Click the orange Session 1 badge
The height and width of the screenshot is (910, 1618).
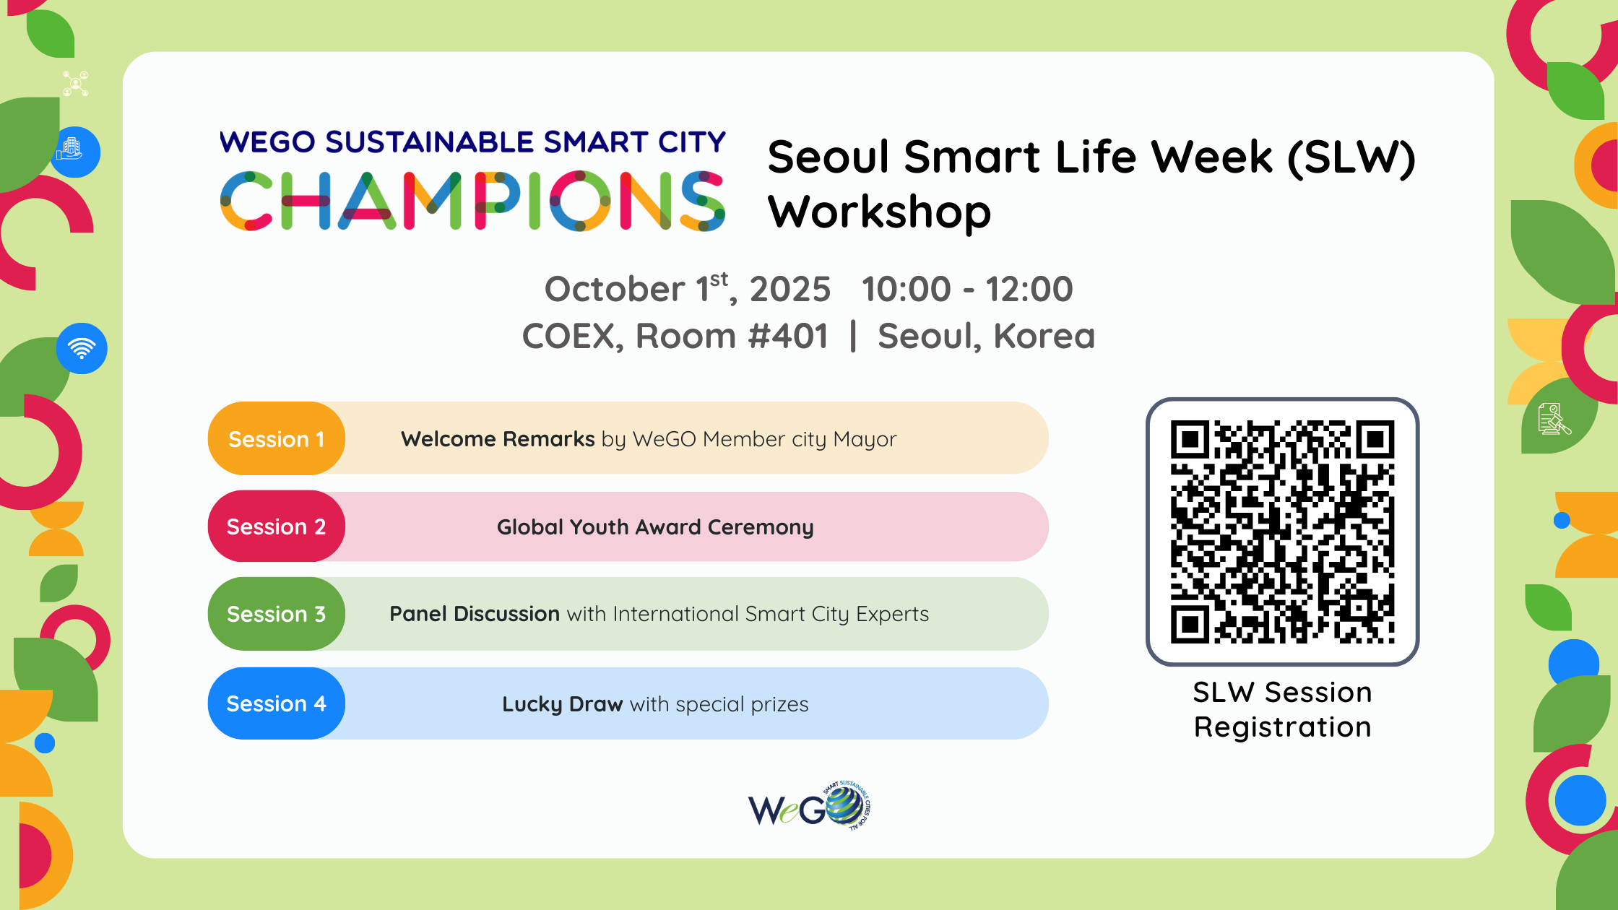[x=276, y=438]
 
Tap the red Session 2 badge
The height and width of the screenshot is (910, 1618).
[x=276, y=526]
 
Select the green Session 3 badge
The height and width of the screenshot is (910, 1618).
[x=276, y=614]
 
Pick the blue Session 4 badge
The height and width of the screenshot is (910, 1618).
[x=276, y=703]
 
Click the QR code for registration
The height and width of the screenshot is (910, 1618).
[x=1282, y=532]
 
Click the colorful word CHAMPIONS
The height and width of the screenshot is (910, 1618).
[x=472, y=201]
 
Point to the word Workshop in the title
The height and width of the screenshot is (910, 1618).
[x=879, y=212]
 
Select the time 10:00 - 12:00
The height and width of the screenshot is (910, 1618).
[x=967, y=290]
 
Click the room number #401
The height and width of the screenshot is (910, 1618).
[x=788, y=337]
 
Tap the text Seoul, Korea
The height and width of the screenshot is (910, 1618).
[x=986, y=337]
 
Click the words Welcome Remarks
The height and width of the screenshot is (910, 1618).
[x=498, y=439]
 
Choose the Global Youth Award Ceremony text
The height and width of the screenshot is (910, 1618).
[x=655, y=527]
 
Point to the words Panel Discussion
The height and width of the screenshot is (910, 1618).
[x=474, y=614]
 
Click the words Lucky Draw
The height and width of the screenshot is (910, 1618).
[x=562, y=704]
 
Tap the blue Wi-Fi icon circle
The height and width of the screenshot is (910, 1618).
[x=82, y=348]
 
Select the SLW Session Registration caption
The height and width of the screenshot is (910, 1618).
[x=1282, y=709]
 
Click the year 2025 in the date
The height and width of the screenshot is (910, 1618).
[x=790, y=290]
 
